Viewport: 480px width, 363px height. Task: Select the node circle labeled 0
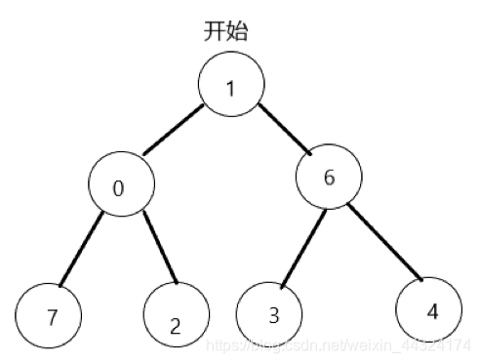tap(120, 185)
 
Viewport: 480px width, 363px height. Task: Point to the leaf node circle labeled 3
tap(270, 314)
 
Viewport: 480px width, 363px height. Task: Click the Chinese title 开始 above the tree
tap(225, 30)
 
